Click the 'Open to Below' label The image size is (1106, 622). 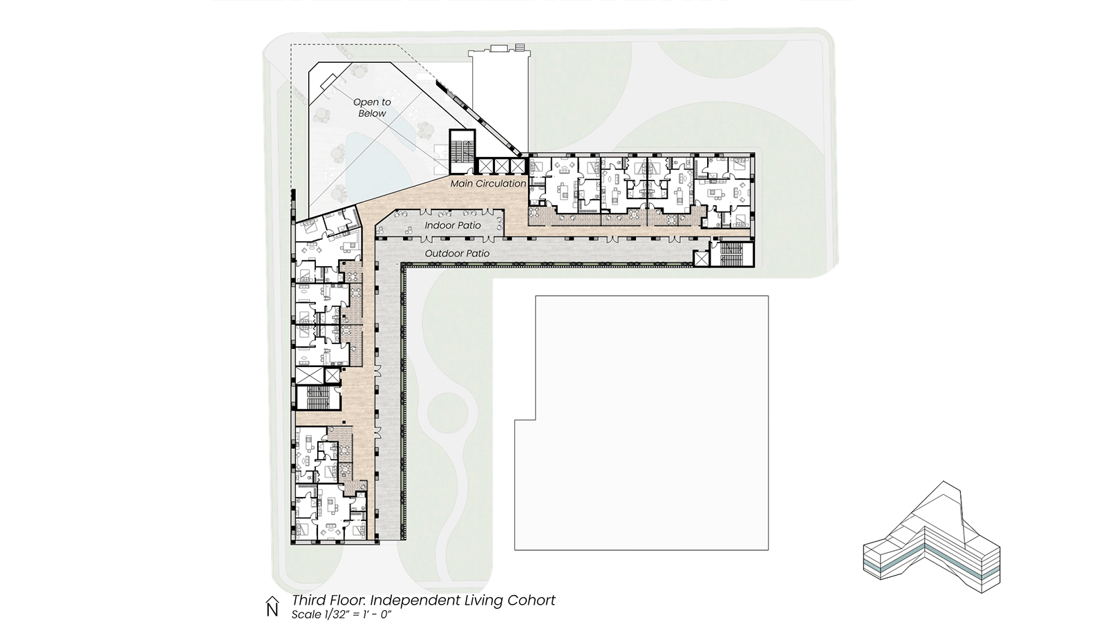[x=372, y=108]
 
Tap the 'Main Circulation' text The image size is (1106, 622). [x=488, y=184]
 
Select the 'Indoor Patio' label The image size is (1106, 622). [x=453, y=225]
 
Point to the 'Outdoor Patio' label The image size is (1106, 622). [x=457, y=254]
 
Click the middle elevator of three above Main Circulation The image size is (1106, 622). [x=501, y=166]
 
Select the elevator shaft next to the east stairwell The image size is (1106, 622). [x=701, y=258]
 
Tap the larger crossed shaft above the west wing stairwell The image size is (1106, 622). [x=308, y=376]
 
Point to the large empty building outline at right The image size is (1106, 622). [x=642, y=422]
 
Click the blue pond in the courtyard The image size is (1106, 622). [x=377, y=163]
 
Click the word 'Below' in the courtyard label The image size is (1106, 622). [x=372, y=113]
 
